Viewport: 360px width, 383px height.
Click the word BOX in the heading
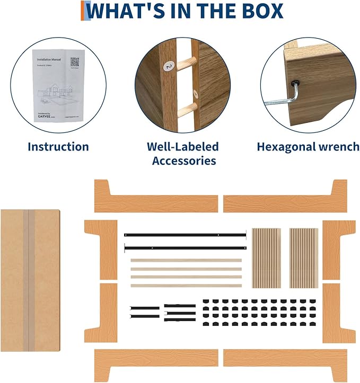pos(258,11)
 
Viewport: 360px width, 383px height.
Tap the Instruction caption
pos(58,147)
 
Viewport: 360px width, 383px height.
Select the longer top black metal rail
pos(186,234)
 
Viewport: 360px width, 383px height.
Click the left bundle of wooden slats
pos(266,258)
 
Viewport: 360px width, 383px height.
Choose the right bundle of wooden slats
pos(304,258)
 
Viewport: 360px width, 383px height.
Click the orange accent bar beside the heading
pos(83,11)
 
